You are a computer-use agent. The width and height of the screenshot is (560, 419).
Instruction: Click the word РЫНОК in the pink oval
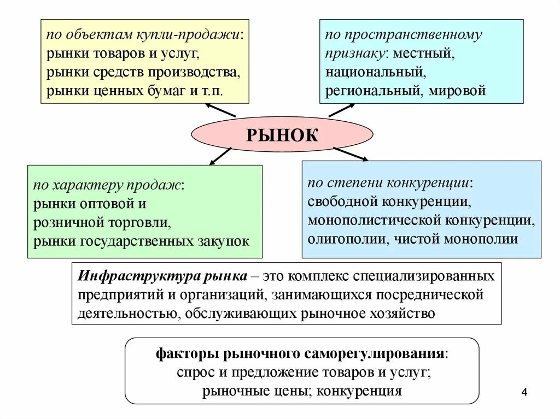point(282,135)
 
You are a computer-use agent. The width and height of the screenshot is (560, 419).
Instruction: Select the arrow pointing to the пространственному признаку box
point(342,110)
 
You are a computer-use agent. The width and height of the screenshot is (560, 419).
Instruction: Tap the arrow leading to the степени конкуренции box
point(350,154)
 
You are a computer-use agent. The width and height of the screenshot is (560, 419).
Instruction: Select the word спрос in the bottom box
point(193,372)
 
